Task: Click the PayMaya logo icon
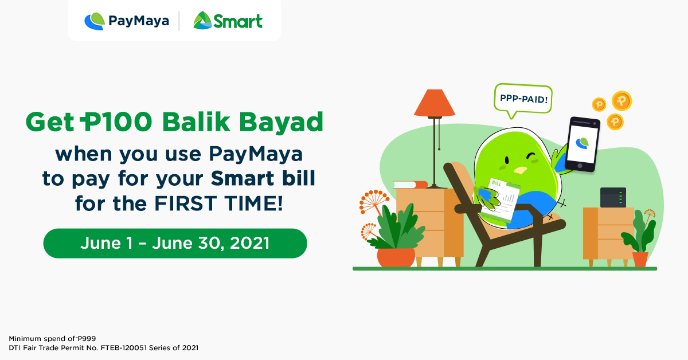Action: tap(95, 21)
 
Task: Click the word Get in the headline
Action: tap(49, 122)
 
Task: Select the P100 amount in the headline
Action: tap(118, 122)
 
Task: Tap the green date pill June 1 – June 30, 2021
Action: tap(175, 243)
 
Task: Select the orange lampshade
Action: tap(435, 103)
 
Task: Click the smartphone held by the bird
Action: tap(581, 144)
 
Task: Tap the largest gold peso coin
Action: tap(621, 101)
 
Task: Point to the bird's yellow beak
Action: tap(520, 170)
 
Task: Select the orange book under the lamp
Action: tap(410, 185)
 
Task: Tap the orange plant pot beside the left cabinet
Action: tap(396, 257)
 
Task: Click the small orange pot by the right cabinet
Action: tap(640, 259)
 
